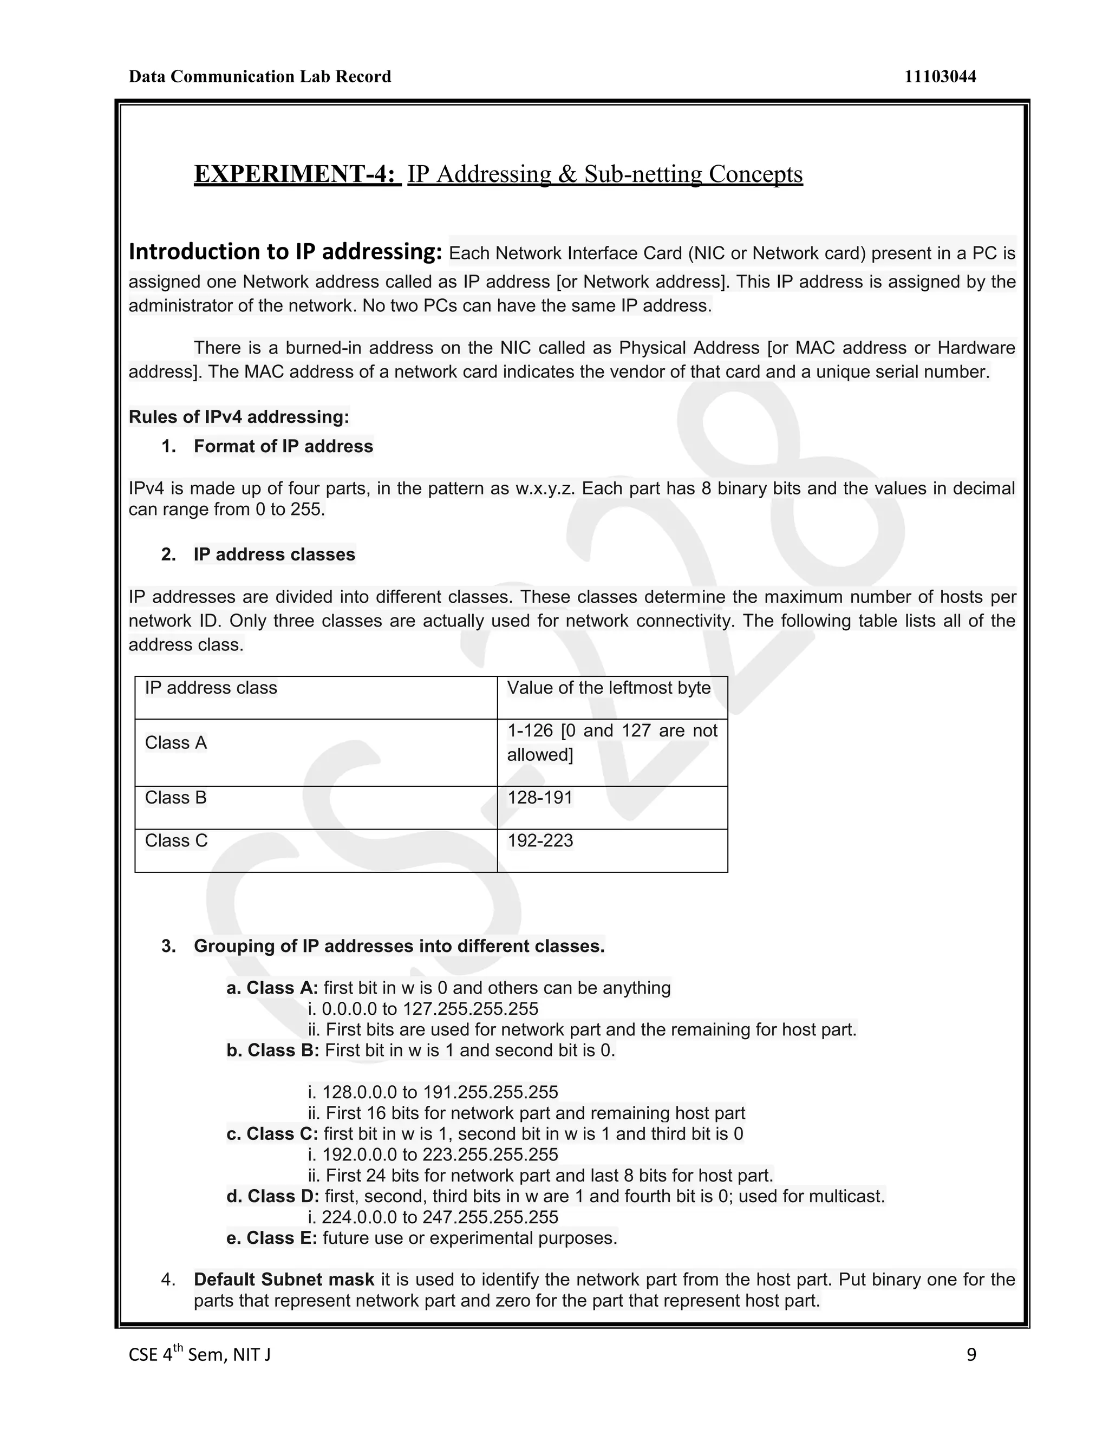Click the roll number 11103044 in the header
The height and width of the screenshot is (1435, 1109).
click(940, 77)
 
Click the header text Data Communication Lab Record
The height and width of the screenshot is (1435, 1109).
click(259, 77)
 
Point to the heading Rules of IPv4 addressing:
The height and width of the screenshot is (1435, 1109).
click(238, 416)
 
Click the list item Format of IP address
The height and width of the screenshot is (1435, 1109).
click(283, 446)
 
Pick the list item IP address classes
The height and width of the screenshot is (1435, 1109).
click(274, 555)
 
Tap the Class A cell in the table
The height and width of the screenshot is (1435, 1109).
click(175, 742)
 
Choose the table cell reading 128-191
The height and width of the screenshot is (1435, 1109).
click(540, 798)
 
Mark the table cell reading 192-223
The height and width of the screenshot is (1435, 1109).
click(540, 840)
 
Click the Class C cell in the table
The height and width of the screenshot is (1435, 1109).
click(176, 840)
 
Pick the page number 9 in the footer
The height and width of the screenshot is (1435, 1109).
click(971, 1355)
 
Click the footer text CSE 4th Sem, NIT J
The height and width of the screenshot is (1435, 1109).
click(200, 1355)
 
